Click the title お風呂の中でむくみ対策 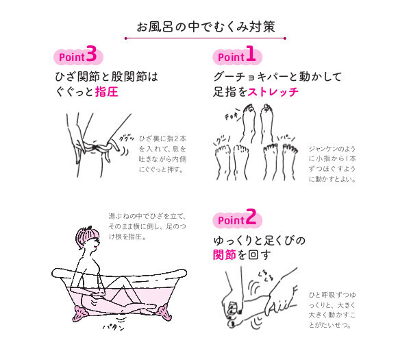coord(206,27)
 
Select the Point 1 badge coord(235,55)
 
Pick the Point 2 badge coord(236,219)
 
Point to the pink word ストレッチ coord(272,92)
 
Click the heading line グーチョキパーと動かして coord(277,75)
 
